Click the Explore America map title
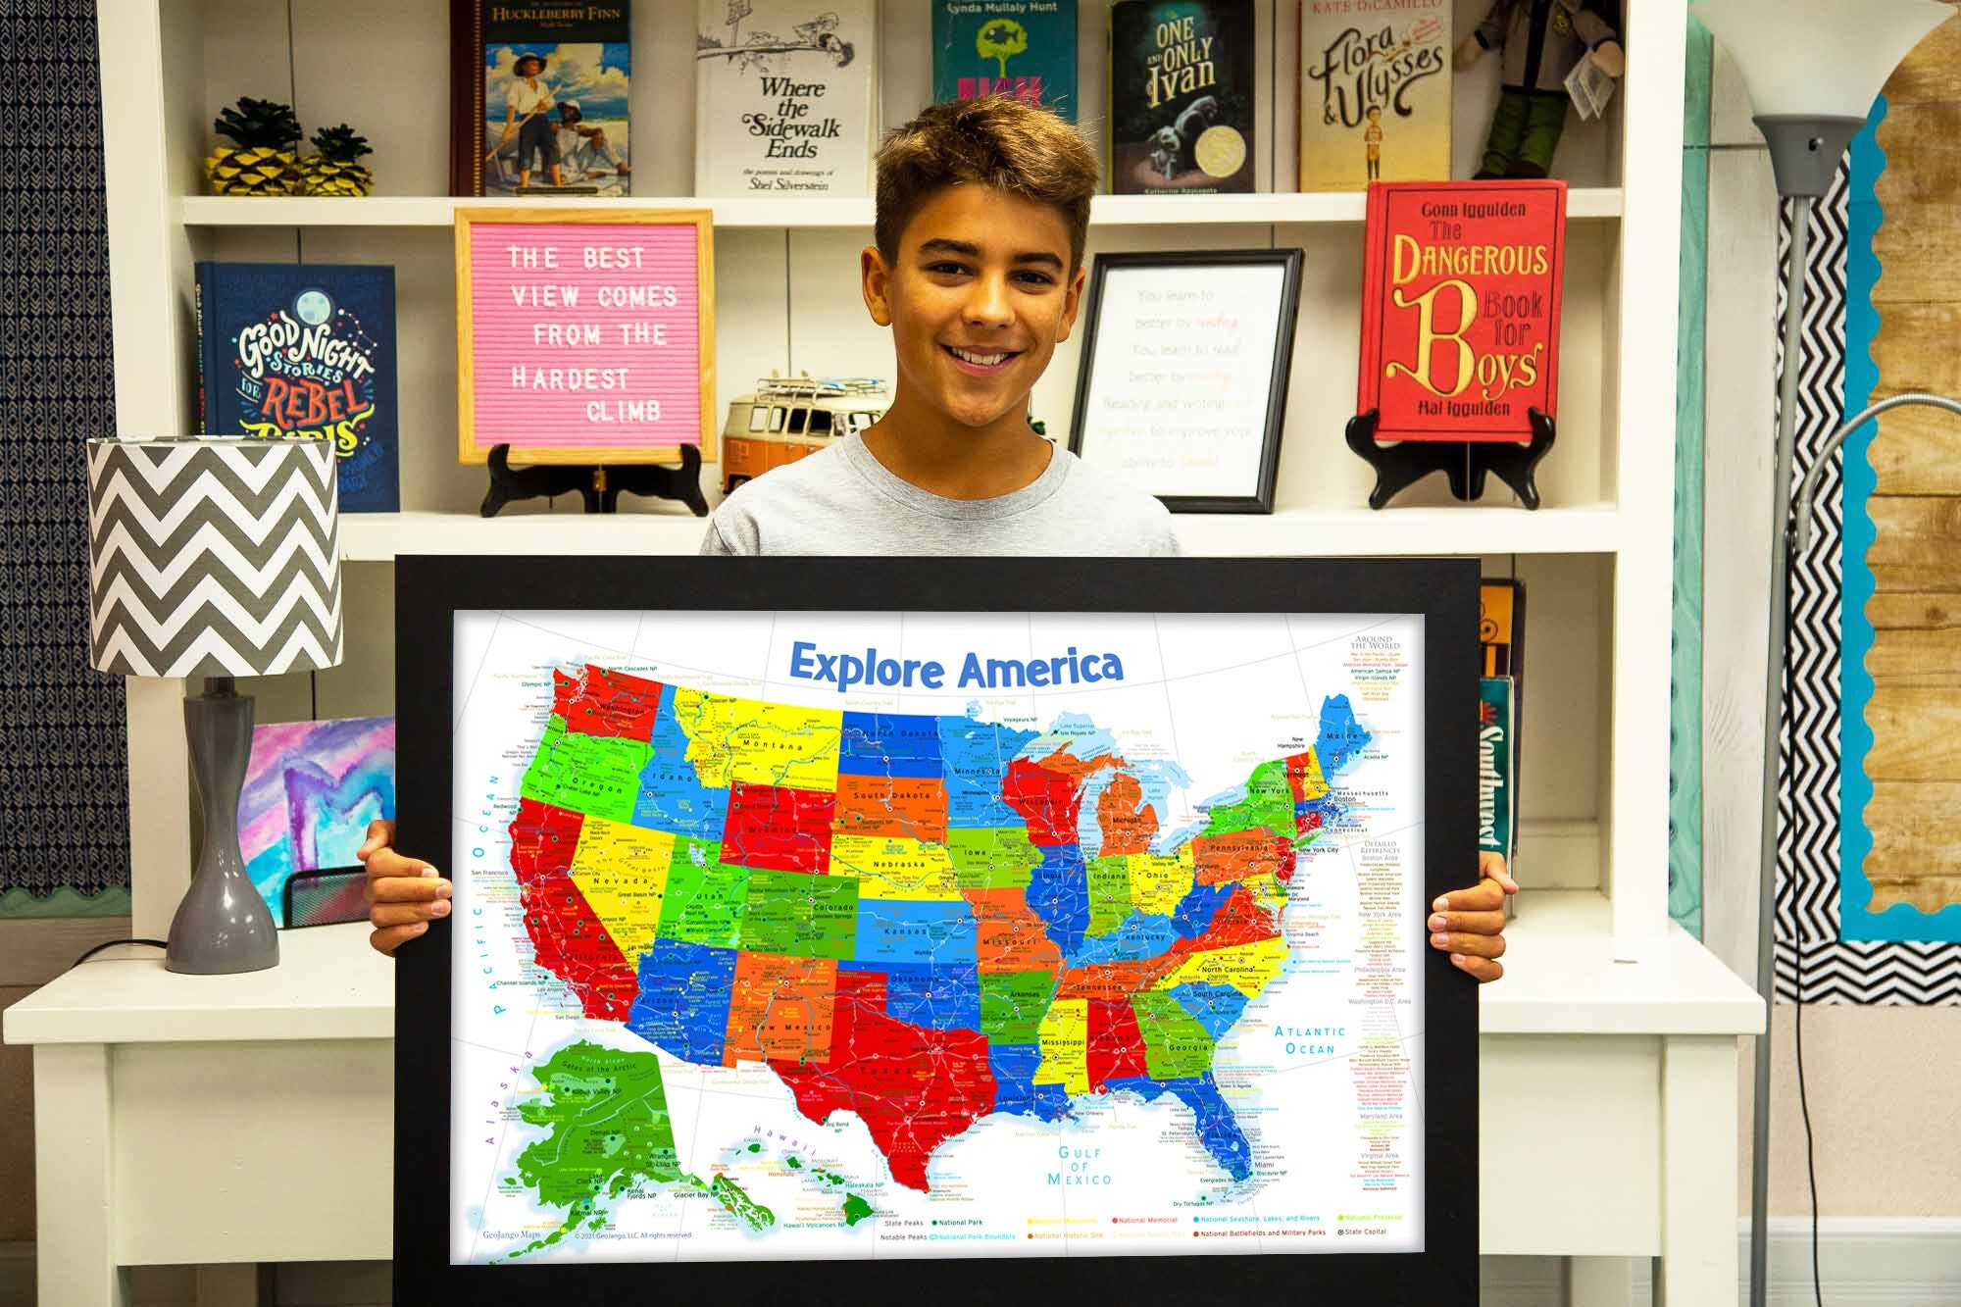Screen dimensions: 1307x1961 (x=956, y=666)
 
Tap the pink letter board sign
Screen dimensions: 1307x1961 (x=585, y=333)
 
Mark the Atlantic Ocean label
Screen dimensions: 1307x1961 (x=1310, y=1039)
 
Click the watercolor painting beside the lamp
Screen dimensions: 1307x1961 (x=309, y=804)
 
